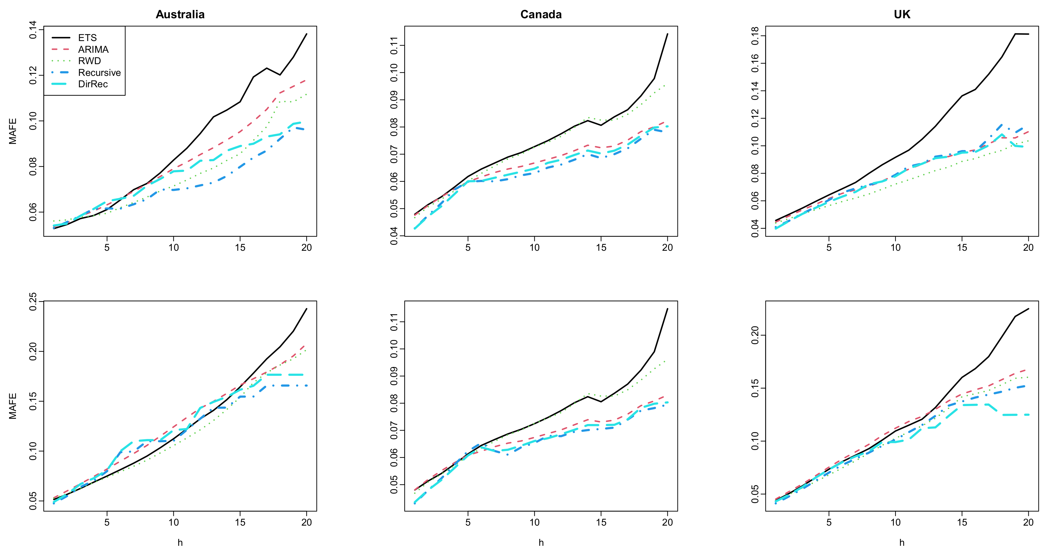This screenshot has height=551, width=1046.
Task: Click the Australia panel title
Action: (180, 15)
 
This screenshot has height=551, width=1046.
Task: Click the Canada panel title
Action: (541, 15)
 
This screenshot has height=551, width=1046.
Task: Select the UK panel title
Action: (902, 15)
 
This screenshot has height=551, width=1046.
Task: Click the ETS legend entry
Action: (87, 38)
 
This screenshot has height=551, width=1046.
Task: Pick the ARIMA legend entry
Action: (93, 49)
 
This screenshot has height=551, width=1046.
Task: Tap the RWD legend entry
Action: (89, 61)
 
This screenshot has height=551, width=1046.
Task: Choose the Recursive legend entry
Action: (99, 73)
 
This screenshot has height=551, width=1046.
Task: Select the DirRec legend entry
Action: (93, 84)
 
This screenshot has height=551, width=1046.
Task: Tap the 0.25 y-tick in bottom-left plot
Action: (33, 302)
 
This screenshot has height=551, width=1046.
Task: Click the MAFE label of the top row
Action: (13, 131)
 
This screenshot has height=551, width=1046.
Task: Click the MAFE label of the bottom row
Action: (13, 406)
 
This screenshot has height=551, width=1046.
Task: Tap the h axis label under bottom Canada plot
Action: (541, 543)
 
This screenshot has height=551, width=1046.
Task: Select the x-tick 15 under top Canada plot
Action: (601, 247)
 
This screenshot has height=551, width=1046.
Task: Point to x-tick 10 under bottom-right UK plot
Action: (895, 522)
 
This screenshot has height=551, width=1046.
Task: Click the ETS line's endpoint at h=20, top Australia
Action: (307, 34)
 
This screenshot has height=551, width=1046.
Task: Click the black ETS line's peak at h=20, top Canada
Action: (668, 34)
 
